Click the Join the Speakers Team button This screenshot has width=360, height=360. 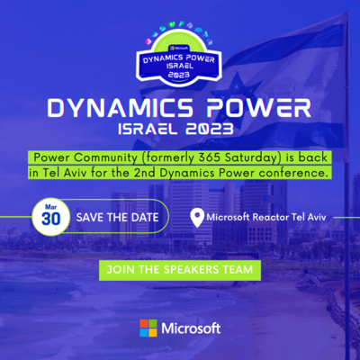pos(180,270)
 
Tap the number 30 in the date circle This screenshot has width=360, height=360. pos(51,219)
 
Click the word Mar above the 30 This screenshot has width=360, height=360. pos(51,207)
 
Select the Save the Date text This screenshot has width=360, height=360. pos(117,218)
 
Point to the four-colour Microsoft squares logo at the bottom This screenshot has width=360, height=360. pos(148,328)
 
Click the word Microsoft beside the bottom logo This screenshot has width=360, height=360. pos(191,328)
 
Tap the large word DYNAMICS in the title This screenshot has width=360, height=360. pos(121,108)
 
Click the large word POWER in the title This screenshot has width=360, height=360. pos(259,108)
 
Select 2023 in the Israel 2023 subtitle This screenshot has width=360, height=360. pos(209,130)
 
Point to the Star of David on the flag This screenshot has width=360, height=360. pos(237,92)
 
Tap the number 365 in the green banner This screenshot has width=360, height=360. pos(210,157)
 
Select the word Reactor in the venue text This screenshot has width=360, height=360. pos(271,217)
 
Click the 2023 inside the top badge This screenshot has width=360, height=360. pos(179,75)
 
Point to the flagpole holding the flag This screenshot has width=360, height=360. pos(347,186)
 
